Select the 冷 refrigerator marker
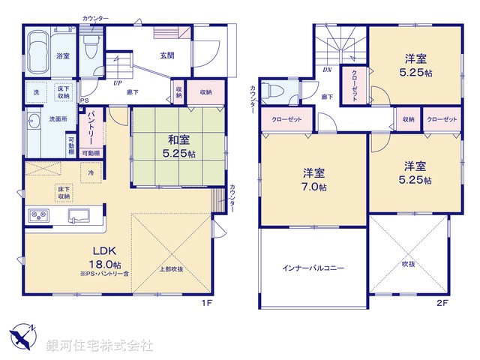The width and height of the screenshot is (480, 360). (x=91, y=173)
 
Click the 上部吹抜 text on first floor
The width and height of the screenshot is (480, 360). (x=170, y=269)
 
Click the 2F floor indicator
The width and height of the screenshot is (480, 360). (x=442, y=302)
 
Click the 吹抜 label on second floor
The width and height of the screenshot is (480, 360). (x=408, y=263)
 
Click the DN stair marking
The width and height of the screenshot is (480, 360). (x=327, y=70)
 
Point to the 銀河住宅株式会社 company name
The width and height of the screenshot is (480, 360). (x=100, y=345)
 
